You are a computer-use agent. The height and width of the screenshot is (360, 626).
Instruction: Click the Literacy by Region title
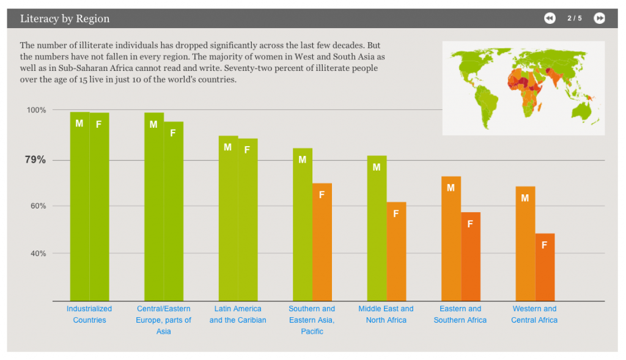coord(65,18)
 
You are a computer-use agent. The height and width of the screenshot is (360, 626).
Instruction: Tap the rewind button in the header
coord(550,18)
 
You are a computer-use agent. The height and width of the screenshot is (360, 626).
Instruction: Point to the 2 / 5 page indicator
coord(575,18)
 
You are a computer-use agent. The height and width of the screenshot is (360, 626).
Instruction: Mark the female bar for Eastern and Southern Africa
coord(471,256)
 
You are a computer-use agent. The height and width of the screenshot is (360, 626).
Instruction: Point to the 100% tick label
coord(35,110)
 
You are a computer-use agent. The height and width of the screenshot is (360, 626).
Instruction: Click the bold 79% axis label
coord(35,160)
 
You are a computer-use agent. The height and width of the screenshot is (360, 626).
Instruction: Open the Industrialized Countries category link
coord(89,314)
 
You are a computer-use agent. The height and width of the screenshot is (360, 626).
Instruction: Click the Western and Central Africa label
coord(534,314)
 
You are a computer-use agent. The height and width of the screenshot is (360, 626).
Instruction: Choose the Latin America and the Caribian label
coord(238,314)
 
